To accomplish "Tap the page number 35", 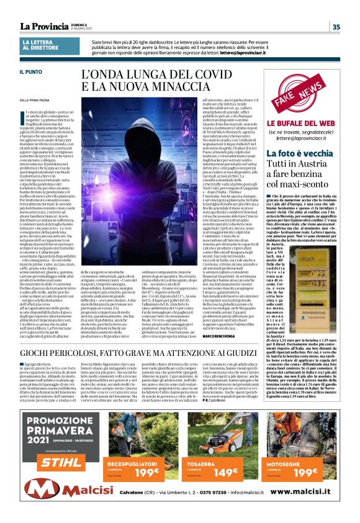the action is click(x=336, y=27).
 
